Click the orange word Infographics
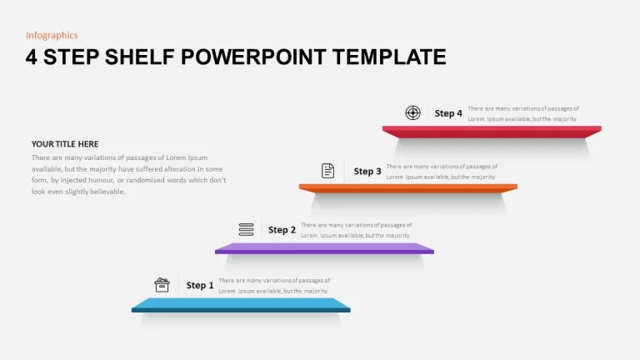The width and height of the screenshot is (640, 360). click(x=52, y=36)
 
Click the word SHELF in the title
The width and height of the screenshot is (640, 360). click(x=140, y=57)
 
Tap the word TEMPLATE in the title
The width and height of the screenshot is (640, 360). click(x=389, y=57)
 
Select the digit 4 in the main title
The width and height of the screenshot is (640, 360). click(x=32, y=57)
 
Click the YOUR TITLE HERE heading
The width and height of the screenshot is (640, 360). click(x=65, y=144)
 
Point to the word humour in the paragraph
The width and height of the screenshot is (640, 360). click(x=101, y=180)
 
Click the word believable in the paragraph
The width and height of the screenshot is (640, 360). click(x=106, y=192)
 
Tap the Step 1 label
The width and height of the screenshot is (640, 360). click(x=200, y=285)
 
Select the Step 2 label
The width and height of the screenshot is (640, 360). click(x=282, y=230)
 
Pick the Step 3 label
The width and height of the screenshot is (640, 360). click(x=367, y=172)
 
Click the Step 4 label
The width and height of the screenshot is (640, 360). click(x=448, y=113)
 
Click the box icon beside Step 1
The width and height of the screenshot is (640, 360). click(x=162, y=285)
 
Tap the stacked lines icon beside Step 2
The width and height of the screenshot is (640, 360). click(x=246, y=229)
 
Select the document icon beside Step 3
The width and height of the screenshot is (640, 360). click(x=327, y=171)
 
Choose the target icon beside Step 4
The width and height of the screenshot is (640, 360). click(x=412, y=112)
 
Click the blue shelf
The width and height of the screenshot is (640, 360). click(x=241, y=305)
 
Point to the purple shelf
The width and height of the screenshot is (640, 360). click(x=324, y=248)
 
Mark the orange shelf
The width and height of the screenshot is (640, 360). click(x=408, y=188)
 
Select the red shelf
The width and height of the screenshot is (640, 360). click(x=492, y=132)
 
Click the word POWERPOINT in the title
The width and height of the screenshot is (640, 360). click(x=253, y=57)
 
